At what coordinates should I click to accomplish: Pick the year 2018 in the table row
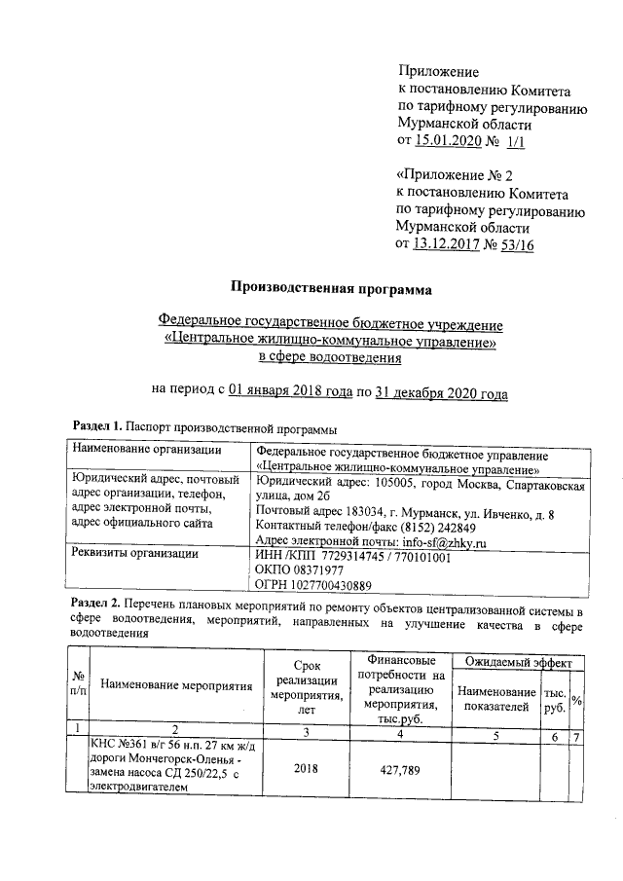click(307, 768)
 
